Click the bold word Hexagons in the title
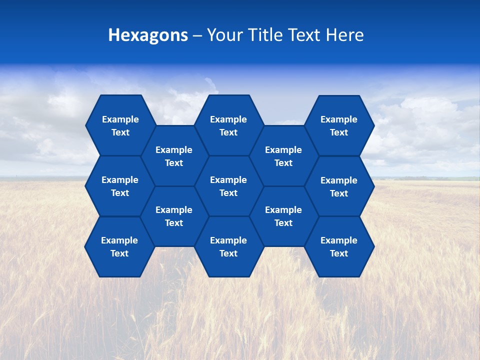coord(148,35)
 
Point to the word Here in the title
coord(345,35)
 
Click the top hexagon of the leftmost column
coord(120,125)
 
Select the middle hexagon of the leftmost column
coord(120,186)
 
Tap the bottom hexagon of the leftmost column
coord(119,246)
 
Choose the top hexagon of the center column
coord(228,125)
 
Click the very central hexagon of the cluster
coord(228,186)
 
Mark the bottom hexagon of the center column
coord(228,246)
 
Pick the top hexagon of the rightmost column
coord(339,125)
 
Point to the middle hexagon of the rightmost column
coord(339,186)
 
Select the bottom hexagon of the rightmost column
coord(339,246)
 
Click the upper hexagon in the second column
coord(174,156)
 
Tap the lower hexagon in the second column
coord(174,216)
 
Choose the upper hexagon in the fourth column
coord(283,156)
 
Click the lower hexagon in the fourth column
coord(283,216)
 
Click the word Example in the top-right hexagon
coord(339,119)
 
